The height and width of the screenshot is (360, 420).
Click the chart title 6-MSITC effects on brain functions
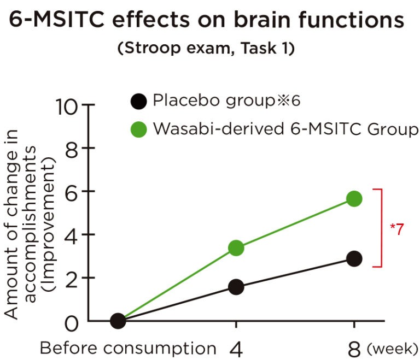click(207, 21)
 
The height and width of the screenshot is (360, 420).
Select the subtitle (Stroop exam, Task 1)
click(207, 48)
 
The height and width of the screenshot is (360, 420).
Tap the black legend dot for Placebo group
click(139, 101)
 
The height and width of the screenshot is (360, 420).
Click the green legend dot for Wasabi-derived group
click(139, 129)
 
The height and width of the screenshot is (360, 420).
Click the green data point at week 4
click(236, 248)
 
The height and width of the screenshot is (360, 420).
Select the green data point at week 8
click(354, 198)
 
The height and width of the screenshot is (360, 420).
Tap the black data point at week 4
click(236, 287)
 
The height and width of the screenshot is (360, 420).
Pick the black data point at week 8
click(354, 258)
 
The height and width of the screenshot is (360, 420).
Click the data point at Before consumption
click(118, 321)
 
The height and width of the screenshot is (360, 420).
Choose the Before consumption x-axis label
click(128, 348)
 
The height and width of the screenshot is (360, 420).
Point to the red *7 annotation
click(397, 229)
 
